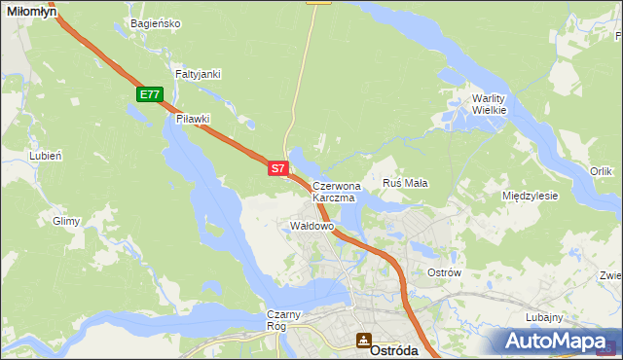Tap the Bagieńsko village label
[x=155, y=23]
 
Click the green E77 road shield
[x=149, y=94]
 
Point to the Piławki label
[x=193, y=119]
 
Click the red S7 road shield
[x=277, y=168]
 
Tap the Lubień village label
[x=46, y=156]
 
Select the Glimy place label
[x=66, y=221]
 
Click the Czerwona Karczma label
[x=336, y=191]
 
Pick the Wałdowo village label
[x=312, y=226]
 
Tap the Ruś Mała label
[x=406, y=183]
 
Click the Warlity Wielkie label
[x=489, y=104]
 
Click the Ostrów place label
[x=444, y=272]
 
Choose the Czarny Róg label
[x=285, y=320]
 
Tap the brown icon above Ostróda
[x=363, y=340]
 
